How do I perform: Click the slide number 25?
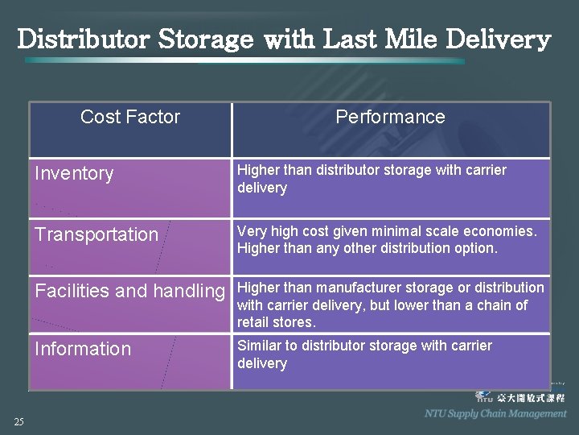point(18,421)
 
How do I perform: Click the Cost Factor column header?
point(130,117)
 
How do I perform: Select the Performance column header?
point(390,117)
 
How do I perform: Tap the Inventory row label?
point(74,174)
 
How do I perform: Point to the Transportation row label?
point(96,235)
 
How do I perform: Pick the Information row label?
point(82,350)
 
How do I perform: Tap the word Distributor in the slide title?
point(84,39)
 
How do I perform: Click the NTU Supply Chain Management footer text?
point(495,413)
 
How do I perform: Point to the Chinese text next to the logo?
point(531,397)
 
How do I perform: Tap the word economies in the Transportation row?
point(503,231)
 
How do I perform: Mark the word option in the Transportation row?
point(477,249)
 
